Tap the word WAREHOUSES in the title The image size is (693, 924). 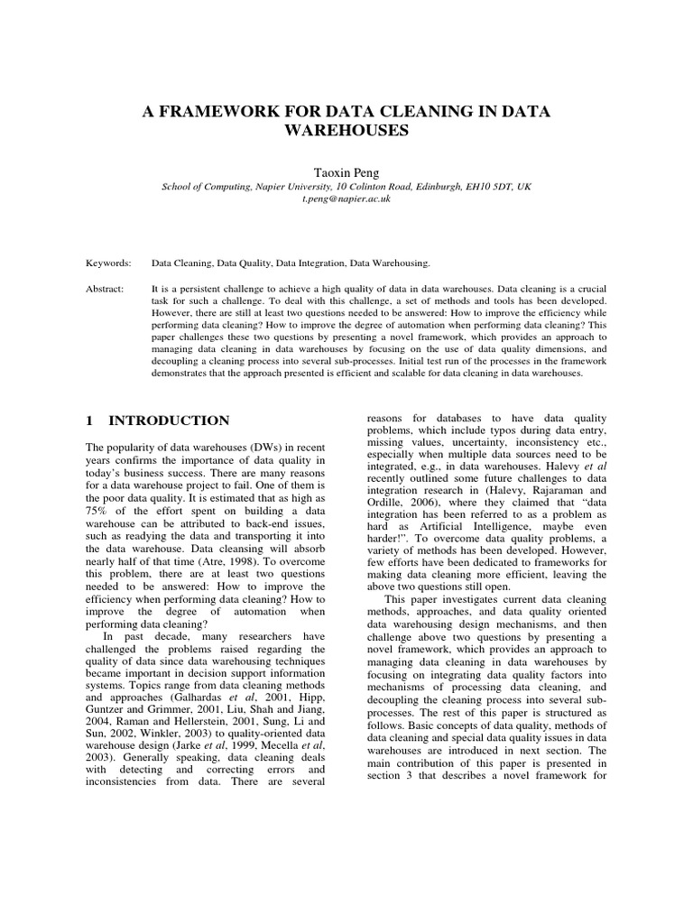pyautogui.click(x=346, y=130)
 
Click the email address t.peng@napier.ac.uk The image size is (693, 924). pyautogui.click(x=346, y=198)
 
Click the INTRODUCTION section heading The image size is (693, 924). pyautogui.click(x=169, y=421)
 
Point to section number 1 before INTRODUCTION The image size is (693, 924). pyautogui.click(x=89, y=421)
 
